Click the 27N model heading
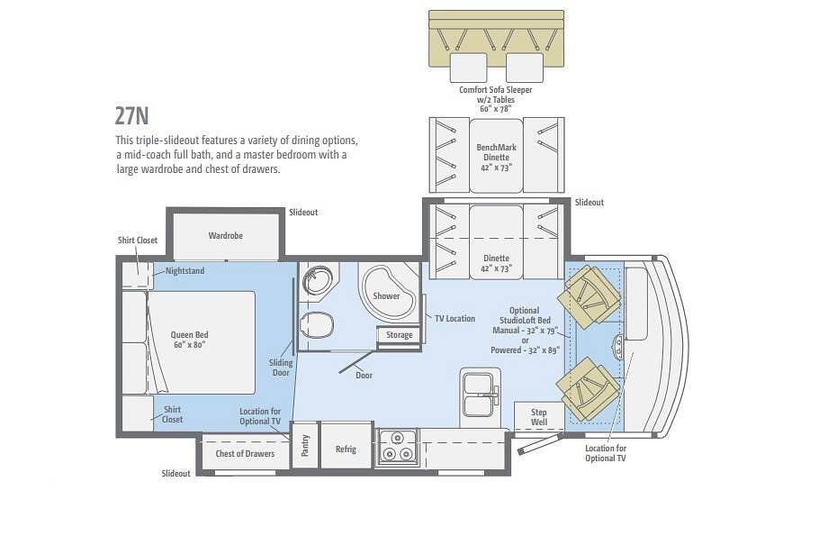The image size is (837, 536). tap(131, 116)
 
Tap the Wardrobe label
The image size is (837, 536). tap(225, 236)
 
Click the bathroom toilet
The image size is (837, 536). tap(317, 325)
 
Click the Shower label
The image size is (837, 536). tap(386, 296)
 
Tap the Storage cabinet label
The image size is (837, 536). tap(400, 335)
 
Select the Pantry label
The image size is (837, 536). tap(305, 445)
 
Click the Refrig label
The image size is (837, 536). tap(346, 449)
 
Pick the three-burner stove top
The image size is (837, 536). tap(397, 446)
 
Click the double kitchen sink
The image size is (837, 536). tap(479, 395)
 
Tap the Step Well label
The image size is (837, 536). tap(538, 417)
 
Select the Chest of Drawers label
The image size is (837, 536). tap(245, 454)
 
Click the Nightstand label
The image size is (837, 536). tap(184, 271)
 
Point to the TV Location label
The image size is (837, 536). tap(454, 319)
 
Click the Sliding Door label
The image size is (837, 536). tap(281, 368)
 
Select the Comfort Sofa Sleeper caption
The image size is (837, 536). tap(495, 90)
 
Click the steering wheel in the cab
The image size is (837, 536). tap(618, 348)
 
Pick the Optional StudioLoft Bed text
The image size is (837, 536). tap(525, 315)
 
